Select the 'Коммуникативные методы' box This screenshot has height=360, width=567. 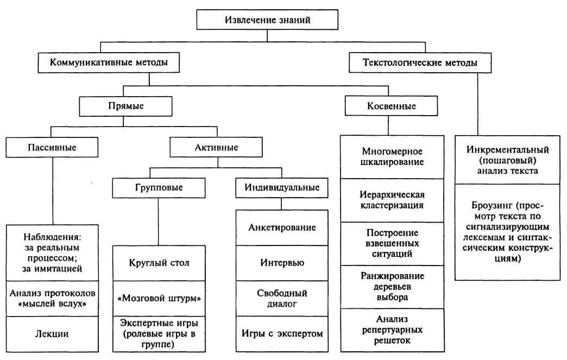[109, 62]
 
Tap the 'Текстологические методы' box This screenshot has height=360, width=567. [420, 62]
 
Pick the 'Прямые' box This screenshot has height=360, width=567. [126, 106]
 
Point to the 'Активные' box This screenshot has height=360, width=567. [216, 147]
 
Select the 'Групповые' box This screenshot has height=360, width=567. [159, 188]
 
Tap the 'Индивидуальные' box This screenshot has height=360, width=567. [281, 188]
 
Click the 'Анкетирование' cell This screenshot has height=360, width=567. [282, 228]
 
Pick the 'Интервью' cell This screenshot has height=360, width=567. [282, 263]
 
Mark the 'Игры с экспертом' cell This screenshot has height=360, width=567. [282, 333]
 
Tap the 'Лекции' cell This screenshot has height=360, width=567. [53, 334]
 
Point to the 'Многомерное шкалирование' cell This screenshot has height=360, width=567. [392, 156]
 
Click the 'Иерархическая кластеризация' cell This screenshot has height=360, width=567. [392, 199]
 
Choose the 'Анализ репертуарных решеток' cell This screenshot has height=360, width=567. [392, 330]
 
